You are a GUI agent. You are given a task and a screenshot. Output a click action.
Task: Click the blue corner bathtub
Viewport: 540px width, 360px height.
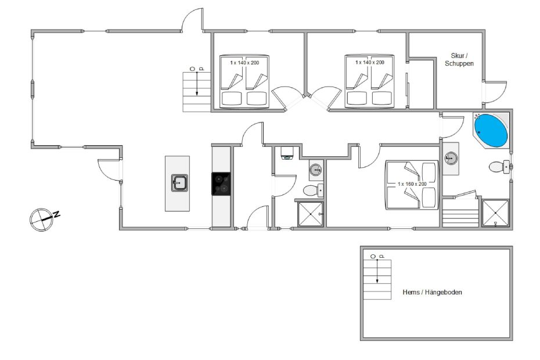[491, 131]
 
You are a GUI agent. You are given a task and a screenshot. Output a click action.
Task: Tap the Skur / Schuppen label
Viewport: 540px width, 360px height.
[459, 59]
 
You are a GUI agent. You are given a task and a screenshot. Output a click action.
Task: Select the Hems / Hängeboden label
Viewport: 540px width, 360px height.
[432, 292]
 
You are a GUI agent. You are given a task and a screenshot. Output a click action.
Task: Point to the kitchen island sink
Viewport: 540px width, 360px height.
[179, 183]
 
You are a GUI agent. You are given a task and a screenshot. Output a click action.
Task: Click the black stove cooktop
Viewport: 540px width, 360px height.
[221, 183]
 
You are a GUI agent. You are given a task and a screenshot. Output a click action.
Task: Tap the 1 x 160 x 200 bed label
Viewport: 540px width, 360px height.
[412, 184]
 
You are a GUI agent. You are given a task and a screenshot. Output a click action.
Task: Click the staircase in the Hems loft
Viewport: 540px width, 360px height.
[377, 279]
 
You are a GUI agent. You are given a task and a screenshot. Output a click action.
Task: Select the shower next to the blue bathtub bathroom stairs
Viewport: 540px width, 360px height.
[495, 213]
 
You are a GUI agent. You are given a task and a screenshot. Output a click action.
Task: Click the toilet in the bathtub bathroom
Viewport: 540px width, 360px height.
[499, 167]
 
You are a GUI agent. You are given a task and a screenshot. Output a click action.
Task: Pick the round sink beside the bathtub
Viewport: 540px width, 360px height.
[451, 159]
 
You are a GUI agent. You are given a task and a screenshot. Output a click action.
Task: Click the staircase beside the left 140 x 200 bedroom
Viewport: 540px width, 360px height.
[196, 92]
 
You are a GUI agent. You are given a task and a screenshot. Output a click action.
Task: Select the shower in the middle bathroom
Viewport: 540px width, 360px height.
[310, 214]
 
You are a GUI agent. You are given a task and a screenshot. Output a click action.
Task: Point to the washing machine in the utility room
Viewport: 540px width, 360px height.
[286, 153]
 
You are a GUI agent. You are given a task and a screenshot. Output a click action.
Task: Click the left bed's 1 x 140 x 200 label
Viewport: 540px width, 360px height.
[244, 63]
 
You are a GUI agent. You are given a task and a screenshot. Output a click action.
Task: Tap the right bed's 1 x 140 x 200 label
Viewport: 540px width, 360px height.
[369, 62]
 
